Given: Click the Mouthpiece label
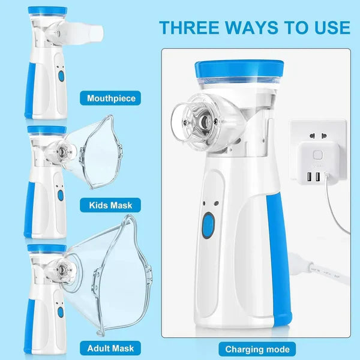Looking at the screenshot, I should point(111,99).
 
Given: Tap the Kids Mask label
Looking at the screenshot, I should point(111,206).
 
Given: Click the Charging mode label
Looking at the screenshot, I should point(257,349).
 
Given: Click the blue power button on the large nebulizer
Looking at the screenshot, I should point(208,226).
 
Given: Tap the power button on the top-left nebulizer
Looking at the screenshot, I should point(60,76).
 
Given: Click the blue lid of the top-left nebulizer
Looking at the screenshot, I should point(46,11).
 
